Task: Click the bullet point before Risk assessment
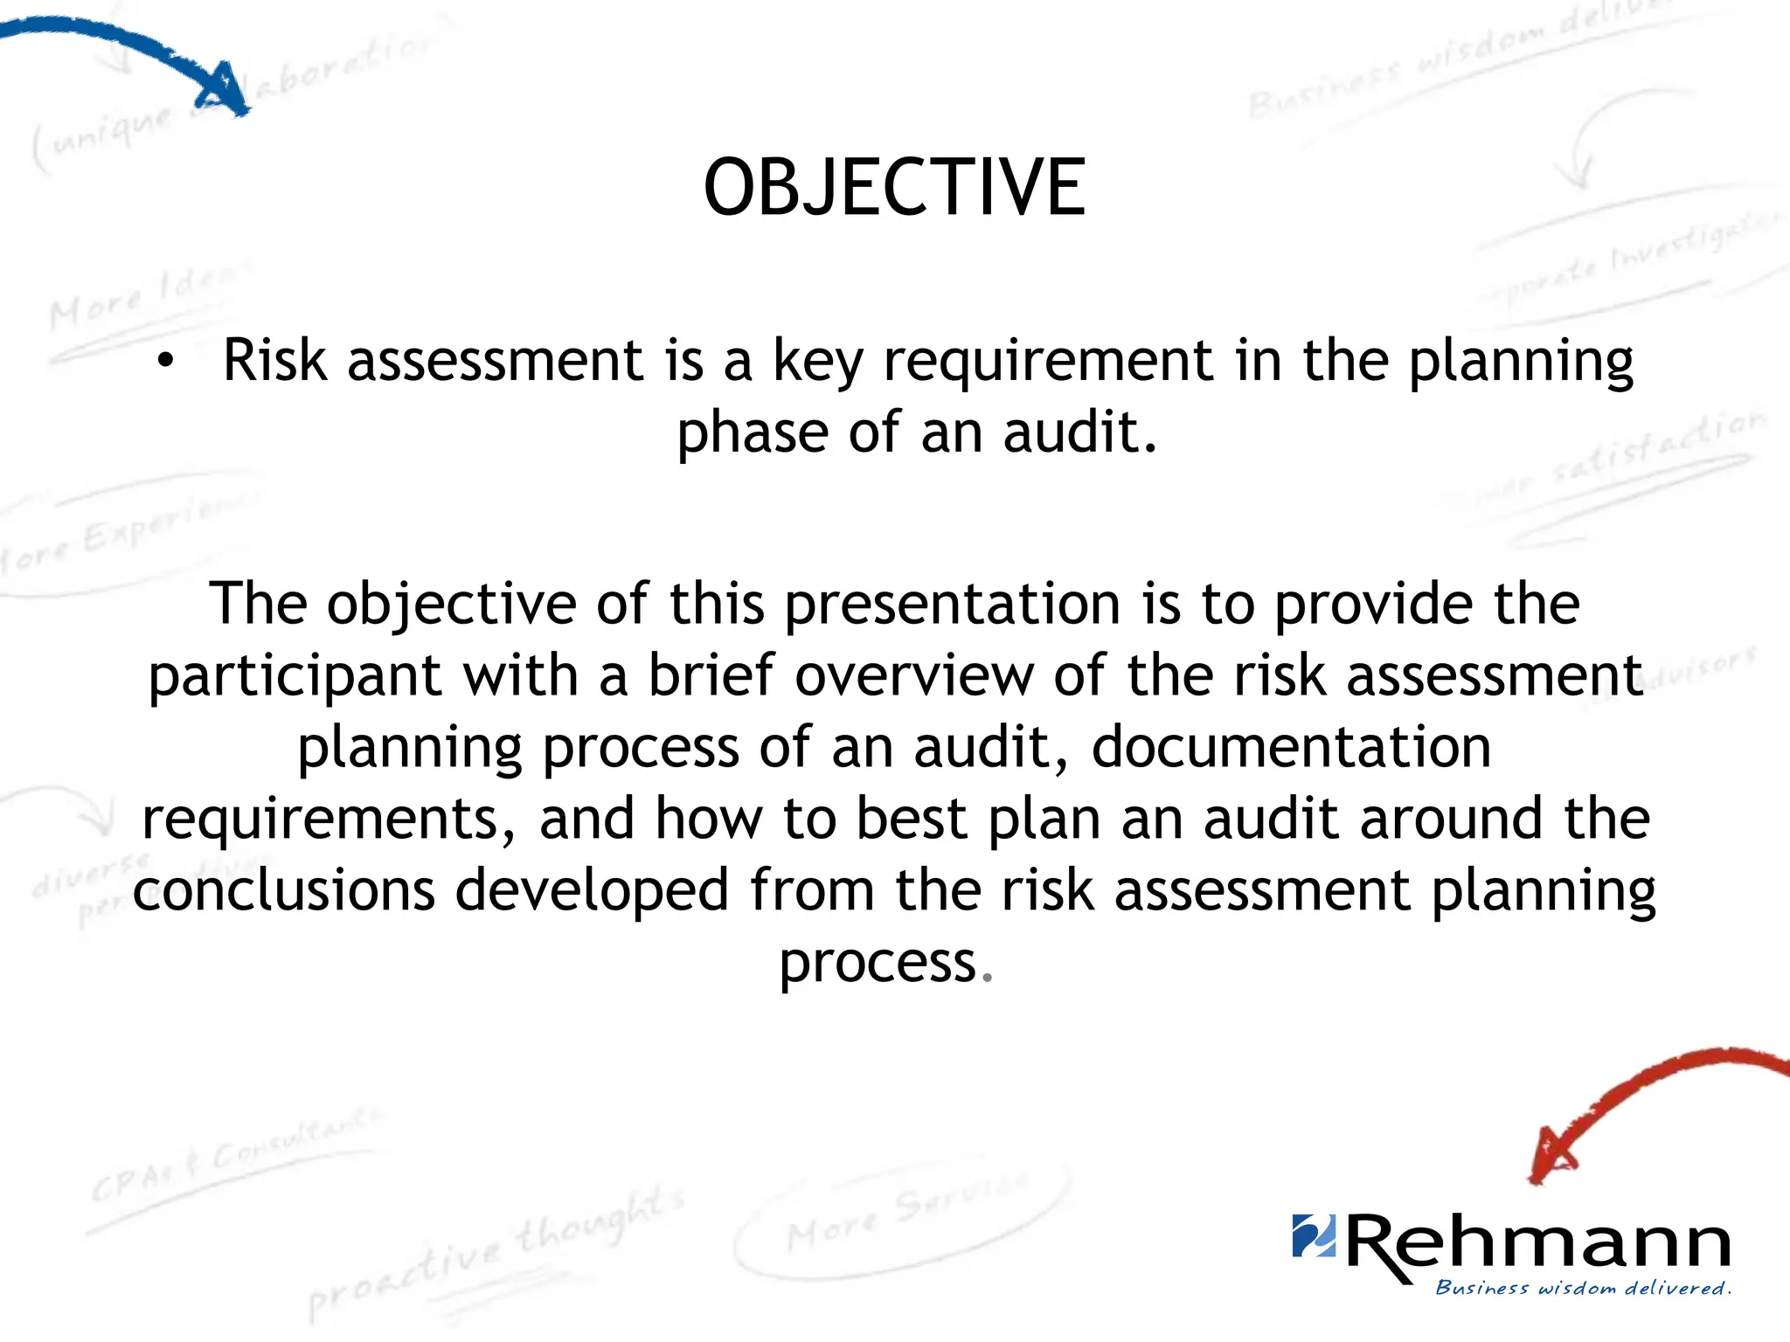click(165, 362)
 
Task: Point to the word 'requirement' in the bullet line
click(1048, 362)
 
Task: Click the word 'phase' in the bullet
click(751, 433)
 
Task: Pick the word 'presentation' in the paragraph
click(952, 605)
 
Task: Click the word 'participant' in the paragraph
click(295, 677)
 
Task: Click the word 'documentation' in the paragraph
click(1291, 748)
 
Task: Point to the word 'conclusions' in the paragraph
click(284, 890)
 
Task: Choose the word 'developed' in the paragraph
click(592, 890)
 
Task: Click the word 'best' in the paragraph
click(911, 819)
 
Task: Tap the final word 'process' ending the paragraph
click(877, 964)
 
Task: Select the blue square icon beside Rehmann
click(1314, 1235)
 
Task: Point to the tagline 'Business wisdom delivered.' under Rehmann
click(1583, 1288)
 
